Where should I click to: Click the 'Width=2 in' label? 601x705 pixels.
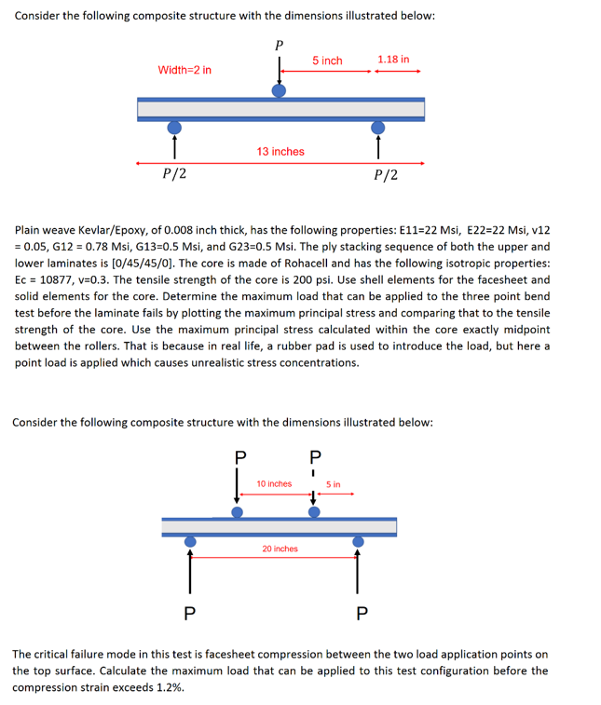click(x=184, y=70)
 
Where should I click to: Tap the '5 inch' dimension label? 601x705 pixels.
click(x=327, y=61)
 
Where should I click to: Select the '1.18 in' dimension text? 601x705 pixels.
click(x=393, y=59)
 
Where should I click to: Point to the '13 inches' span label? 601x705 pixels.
click(x=280, y=151)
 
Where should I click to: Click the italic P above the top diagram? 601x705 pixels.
click(x=279, y=44)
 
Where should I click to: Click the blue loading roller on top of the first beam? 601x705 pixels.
click(x=279, y=90)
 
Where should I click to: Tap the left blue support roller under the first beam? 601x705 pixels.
click(x=174, y=127)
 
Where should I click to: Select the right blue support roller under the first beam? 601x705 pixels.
click(x=378, y=127)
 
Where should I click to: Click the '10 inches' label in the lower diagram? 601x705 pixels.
click(x=275, y=483)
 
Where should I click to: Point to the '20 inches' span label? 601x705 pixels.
click(x=280, y=549)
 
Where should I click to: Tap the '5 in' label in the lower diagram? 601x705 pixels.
click(x=334, y=484)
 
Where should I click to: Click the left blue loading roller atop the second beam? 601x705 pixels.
click(x=238, y=511)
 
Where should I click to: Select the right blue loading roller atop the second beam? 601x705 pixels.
click(x=314, y=511)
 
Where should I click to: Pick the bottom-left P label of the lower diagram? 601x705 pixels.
click(x=189, y=613)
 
